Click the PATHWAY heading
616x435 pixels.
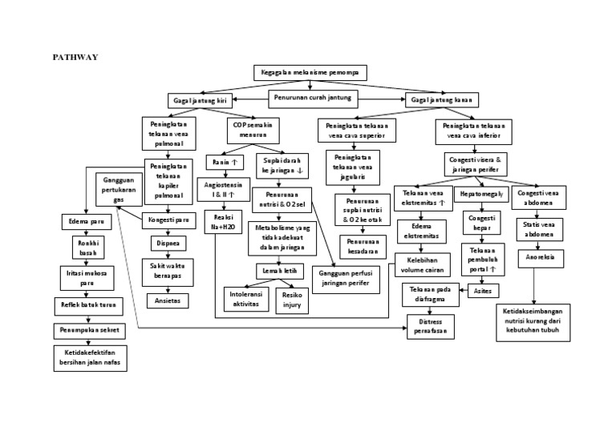(x=75, y=58)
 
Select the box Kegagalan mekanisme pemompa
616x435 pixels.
(x=310, y=73)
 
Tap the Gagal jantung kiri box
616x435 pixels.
(x=198, y=101)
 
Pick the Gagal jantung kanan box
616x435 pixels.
(x=442, y=100)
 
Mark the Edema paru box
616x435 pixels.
(x=86, y=220)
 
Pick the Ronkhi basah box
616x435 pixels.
(x=86, y=247)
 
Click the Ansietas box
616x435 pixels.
(x=168, y=300)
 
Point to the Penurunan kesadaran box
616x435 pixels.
(x=363, y=246)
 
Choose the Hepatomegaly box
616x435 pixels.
(x=480, y=194)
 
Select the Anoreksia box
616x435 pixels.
(x=540, y=257)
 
